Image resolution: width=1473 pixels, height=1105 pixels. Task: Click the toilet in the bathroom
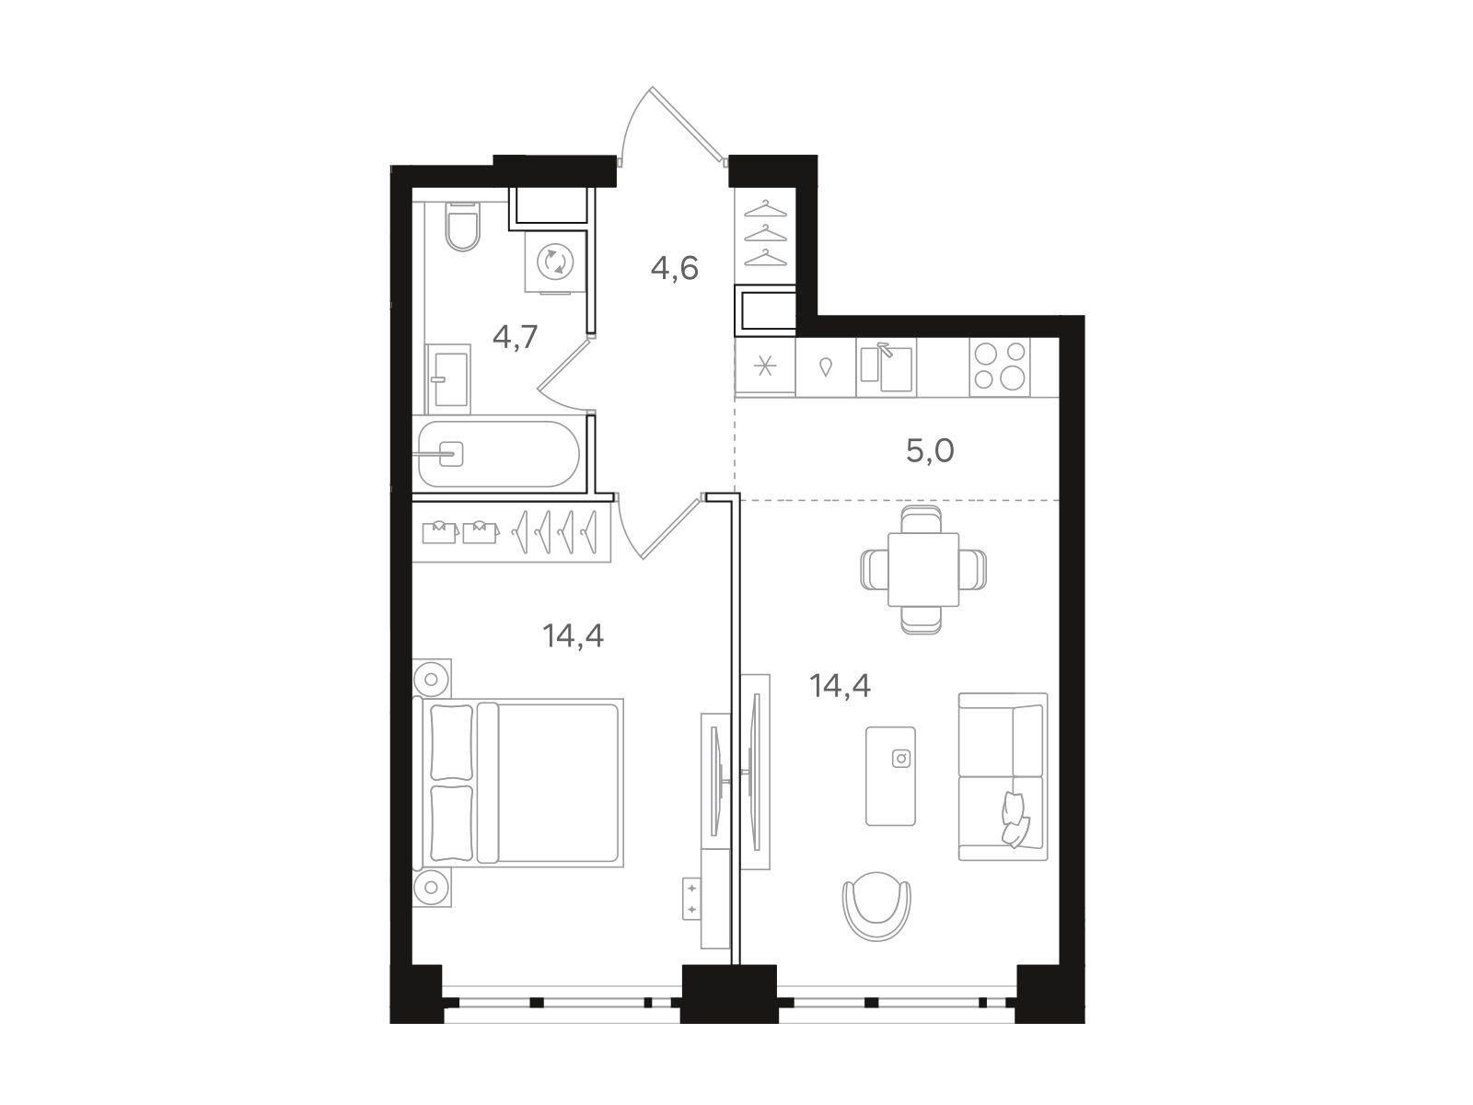pos(462,226)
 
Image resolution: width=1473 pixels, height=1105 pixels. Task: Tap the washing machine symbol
pos(556,262)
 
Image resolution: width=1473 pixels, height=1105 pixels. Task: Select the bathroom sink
pos(448,379)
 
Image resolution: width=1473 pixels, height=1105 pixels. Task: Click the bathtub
pos(498,454)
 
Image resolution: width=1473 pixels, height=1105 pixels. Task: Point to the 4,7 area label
pos(516,336)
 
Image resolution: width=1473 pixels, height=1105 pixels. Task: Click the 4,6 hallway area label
pos(675,268)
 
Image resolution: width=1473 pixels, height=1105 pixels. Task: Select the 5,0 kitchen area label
pos(930,451)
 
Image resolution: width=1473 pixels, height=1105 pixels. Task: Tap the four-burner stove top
pos(1000,366)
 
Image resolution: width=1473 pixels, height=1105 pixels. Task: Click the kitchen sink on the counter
pos(886,367)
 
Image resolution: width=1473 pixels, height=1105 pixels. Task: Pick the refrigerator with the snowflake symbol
pos(765,366)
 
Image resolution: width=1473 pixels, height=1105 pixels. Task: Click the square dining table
pos(923,569)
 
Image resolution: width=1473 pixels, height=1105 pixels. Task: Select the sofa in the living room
pos(1003,776)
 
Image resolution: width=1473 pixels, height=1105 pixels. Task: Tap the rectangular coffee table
pos(890,775)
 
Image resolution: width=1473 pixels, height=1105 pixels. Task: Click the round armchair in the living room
pos(877,906)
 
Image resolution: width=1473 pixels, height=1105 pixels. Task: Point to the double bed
pos(518,783)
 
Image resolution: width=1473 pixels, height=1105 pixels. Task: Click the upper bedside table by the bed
pos(432,679)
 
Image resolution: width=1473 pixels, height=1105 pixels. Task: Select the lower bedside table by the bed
pos(432,887)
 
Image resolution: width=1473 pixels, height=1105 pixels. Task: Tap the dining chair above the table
pos(922,519)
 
